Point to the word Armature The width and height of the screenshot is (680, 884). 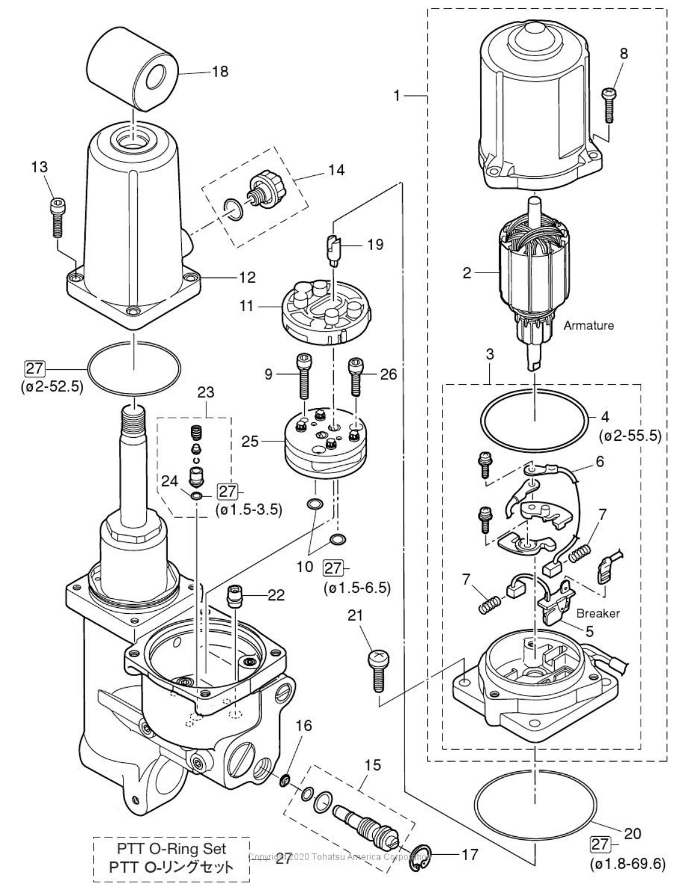tap(589, 326)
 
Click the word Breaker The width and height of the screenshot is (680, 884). tap(598, 613)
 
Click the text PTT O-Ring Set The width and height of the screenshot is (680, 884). tap(171, 848)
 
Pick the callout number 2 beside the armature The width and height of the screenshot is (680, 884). tap(466, 273)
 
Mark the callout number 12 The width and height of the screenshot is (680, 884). tap(247, 277)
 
